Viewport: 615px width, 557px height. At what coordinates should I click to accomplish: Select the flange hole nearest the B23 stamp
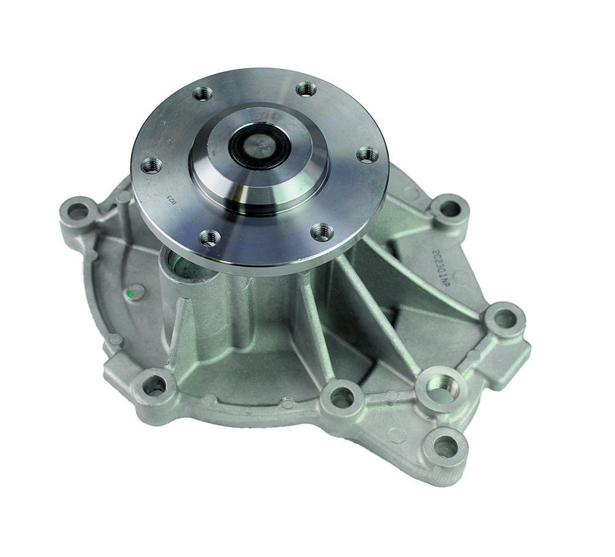(x=151, y=165)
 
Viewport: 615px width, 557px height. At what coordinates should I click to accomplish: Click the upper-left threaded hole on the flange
(x=202, y=94)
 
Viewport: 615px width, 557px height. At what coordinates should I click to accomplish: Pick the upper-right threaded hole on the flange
(x=306, y=89)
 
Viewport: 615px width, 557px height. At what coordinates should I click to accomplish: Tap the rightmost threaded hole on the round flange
(x=367, y=154)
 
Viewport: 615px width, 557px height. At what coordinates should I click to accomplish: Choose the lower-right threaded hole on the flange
(x=322, y=231)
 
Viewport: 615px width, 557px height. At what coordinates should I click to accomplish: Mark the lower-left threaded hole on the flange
(x=210, y=237)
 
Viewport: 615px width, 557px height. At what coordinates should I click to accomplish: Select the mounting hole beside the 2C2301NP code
(x=449, y=209)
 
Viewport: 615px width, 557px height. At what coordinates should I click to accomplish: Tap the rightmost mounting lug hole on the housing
(x=504, y=318)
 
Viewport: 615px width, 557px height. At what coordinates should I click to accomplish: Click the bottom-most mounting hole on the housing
(x=445, y=447)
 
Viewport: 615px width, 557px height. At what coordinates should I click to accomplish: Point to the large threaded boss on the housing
(x=441, y=387)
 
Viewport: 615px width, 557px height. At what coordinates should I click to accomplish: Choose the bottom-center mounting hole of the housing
(x=341, y=397)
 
